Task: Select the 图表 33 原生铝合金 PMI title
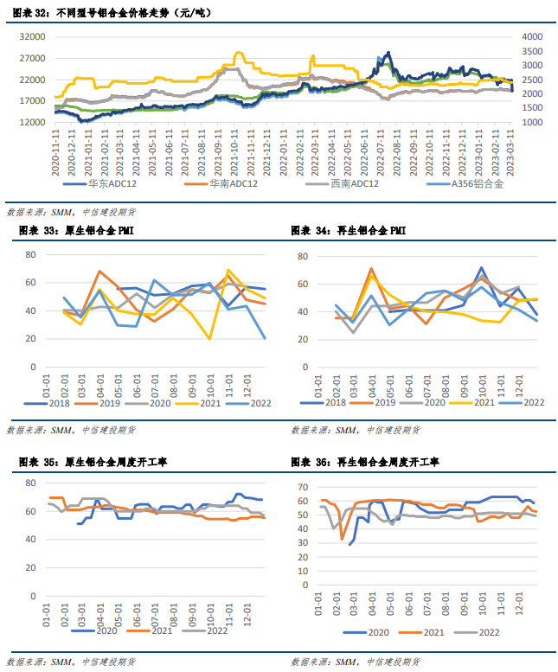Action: point(76,231)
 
